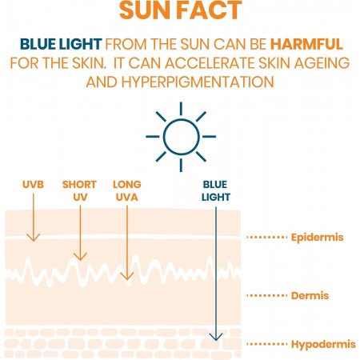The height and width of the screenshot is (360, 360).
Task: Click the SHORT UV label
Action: coord(78,190)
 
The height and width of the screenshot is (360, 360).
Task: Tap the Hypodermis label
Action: coord(321,344)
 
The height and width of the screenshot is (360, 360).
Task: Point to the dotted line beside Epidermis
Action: coord(266,238)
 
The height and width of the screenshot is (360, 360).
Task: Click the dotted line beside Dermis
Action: coord(266,296)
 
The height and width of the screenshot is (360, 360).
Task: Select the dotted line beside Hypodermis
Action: coord(266,344)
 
